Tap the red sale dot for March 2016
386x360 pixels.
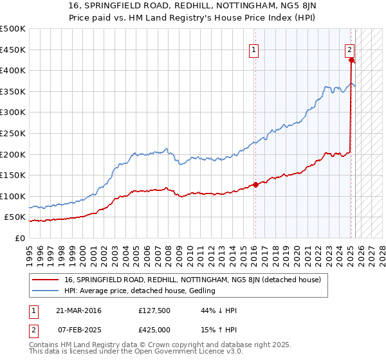coord(255,184)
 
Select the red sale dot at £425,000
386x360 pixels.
coord(351,60)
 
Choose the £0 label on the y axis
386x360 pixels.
coord(21,238)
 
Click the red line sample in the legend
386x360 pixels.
coord(45,280)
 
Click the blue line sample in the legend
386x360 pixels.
coord(45,291)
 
